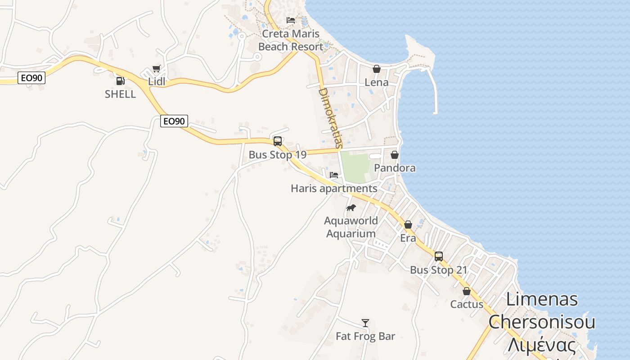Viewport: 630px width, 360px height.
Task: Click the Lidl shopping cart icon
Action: pyautogui.click(x=156, y=69)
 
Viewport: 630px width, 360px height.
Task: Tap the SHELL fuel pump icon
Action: pyautogui.click(x=120, y=81)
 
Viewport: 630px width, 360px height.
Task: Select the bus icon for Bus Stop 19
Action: pyautogui.click(x=278, y=141)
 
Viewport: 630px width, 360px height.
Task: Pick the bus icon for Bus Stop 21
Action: pyautogui.click(x=439, y=256)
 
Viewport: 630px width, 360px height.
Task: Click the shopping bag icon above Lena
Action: pyautogui.click(x=377, y=69)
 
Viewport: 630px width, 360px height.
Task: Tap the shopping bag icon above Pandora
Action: pyautogui.click(x=395, y=155)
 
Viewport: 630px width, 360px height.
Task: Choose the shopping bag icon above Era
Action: pyautogui.click(x=408, y=225)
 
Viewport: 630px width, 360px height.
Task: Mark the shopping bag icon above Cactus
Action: pyautogui.click(x=467, y=291)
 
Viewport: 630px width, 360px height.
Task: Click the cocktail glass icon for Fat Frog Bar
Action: pyautogui.click(x=365, y=323)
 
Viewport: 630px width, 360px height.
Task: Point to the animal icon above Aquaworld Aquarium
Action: pyautogui.click(x=351, y=207)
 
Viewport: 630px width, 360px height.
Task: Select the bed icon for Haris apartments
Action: pyautogui.click(x=334, y=175)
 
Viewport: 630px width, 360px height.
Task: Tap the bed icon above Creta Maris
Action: pyautogui.click(x=291, y=20)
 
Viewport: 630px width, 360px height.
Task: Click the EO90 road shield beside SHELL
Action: pyautogui.click(x=31, y=78)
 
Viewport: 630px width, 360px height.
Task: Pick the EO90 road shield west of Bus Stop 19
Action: pyautogui.click(x=174, y=121)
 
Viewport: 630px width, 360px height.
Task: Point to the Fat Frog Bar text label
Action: pyautogui.click(x=365, y=336)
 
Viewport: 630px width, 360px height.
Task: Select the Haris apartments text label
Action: pyautogui.click(x=334, y=189)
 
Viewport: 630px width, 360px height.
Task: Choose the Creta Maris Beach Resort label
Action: pyautogui.click(x=291, y=40)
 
